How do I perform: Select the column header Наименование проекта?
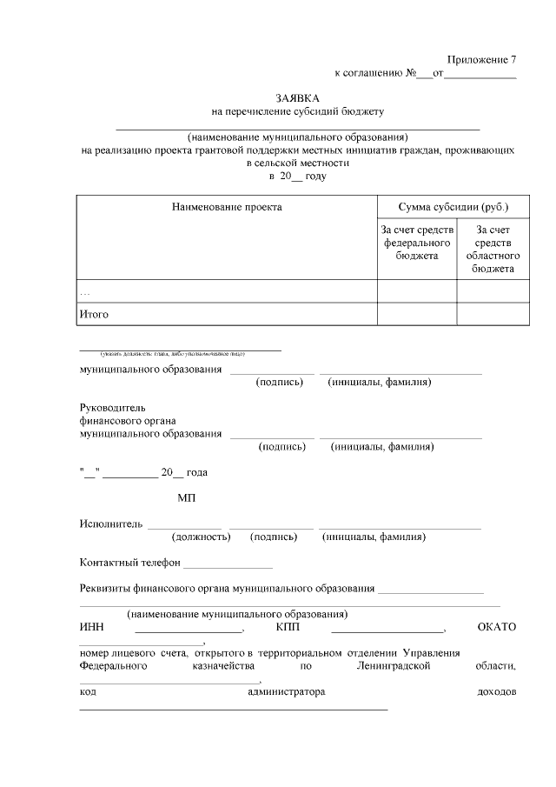[227, 207]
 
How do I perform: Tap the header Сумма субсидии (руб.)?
[453, 207]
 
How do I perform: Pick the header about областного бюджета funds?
[493, 249]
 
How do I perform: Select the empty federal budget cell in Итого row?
[417, 314]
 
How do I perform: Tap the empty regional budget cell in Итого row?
[493, 314]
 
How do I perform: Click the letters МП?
[187, 497]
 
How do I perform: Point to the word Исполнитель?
[109, 524]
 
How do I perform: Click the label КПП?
[288, 627]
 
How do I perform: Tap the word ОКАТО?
[496, 627]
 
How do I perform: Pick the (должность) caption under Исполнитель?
[202, 537]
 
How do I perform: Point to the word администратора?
[286, 692]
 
